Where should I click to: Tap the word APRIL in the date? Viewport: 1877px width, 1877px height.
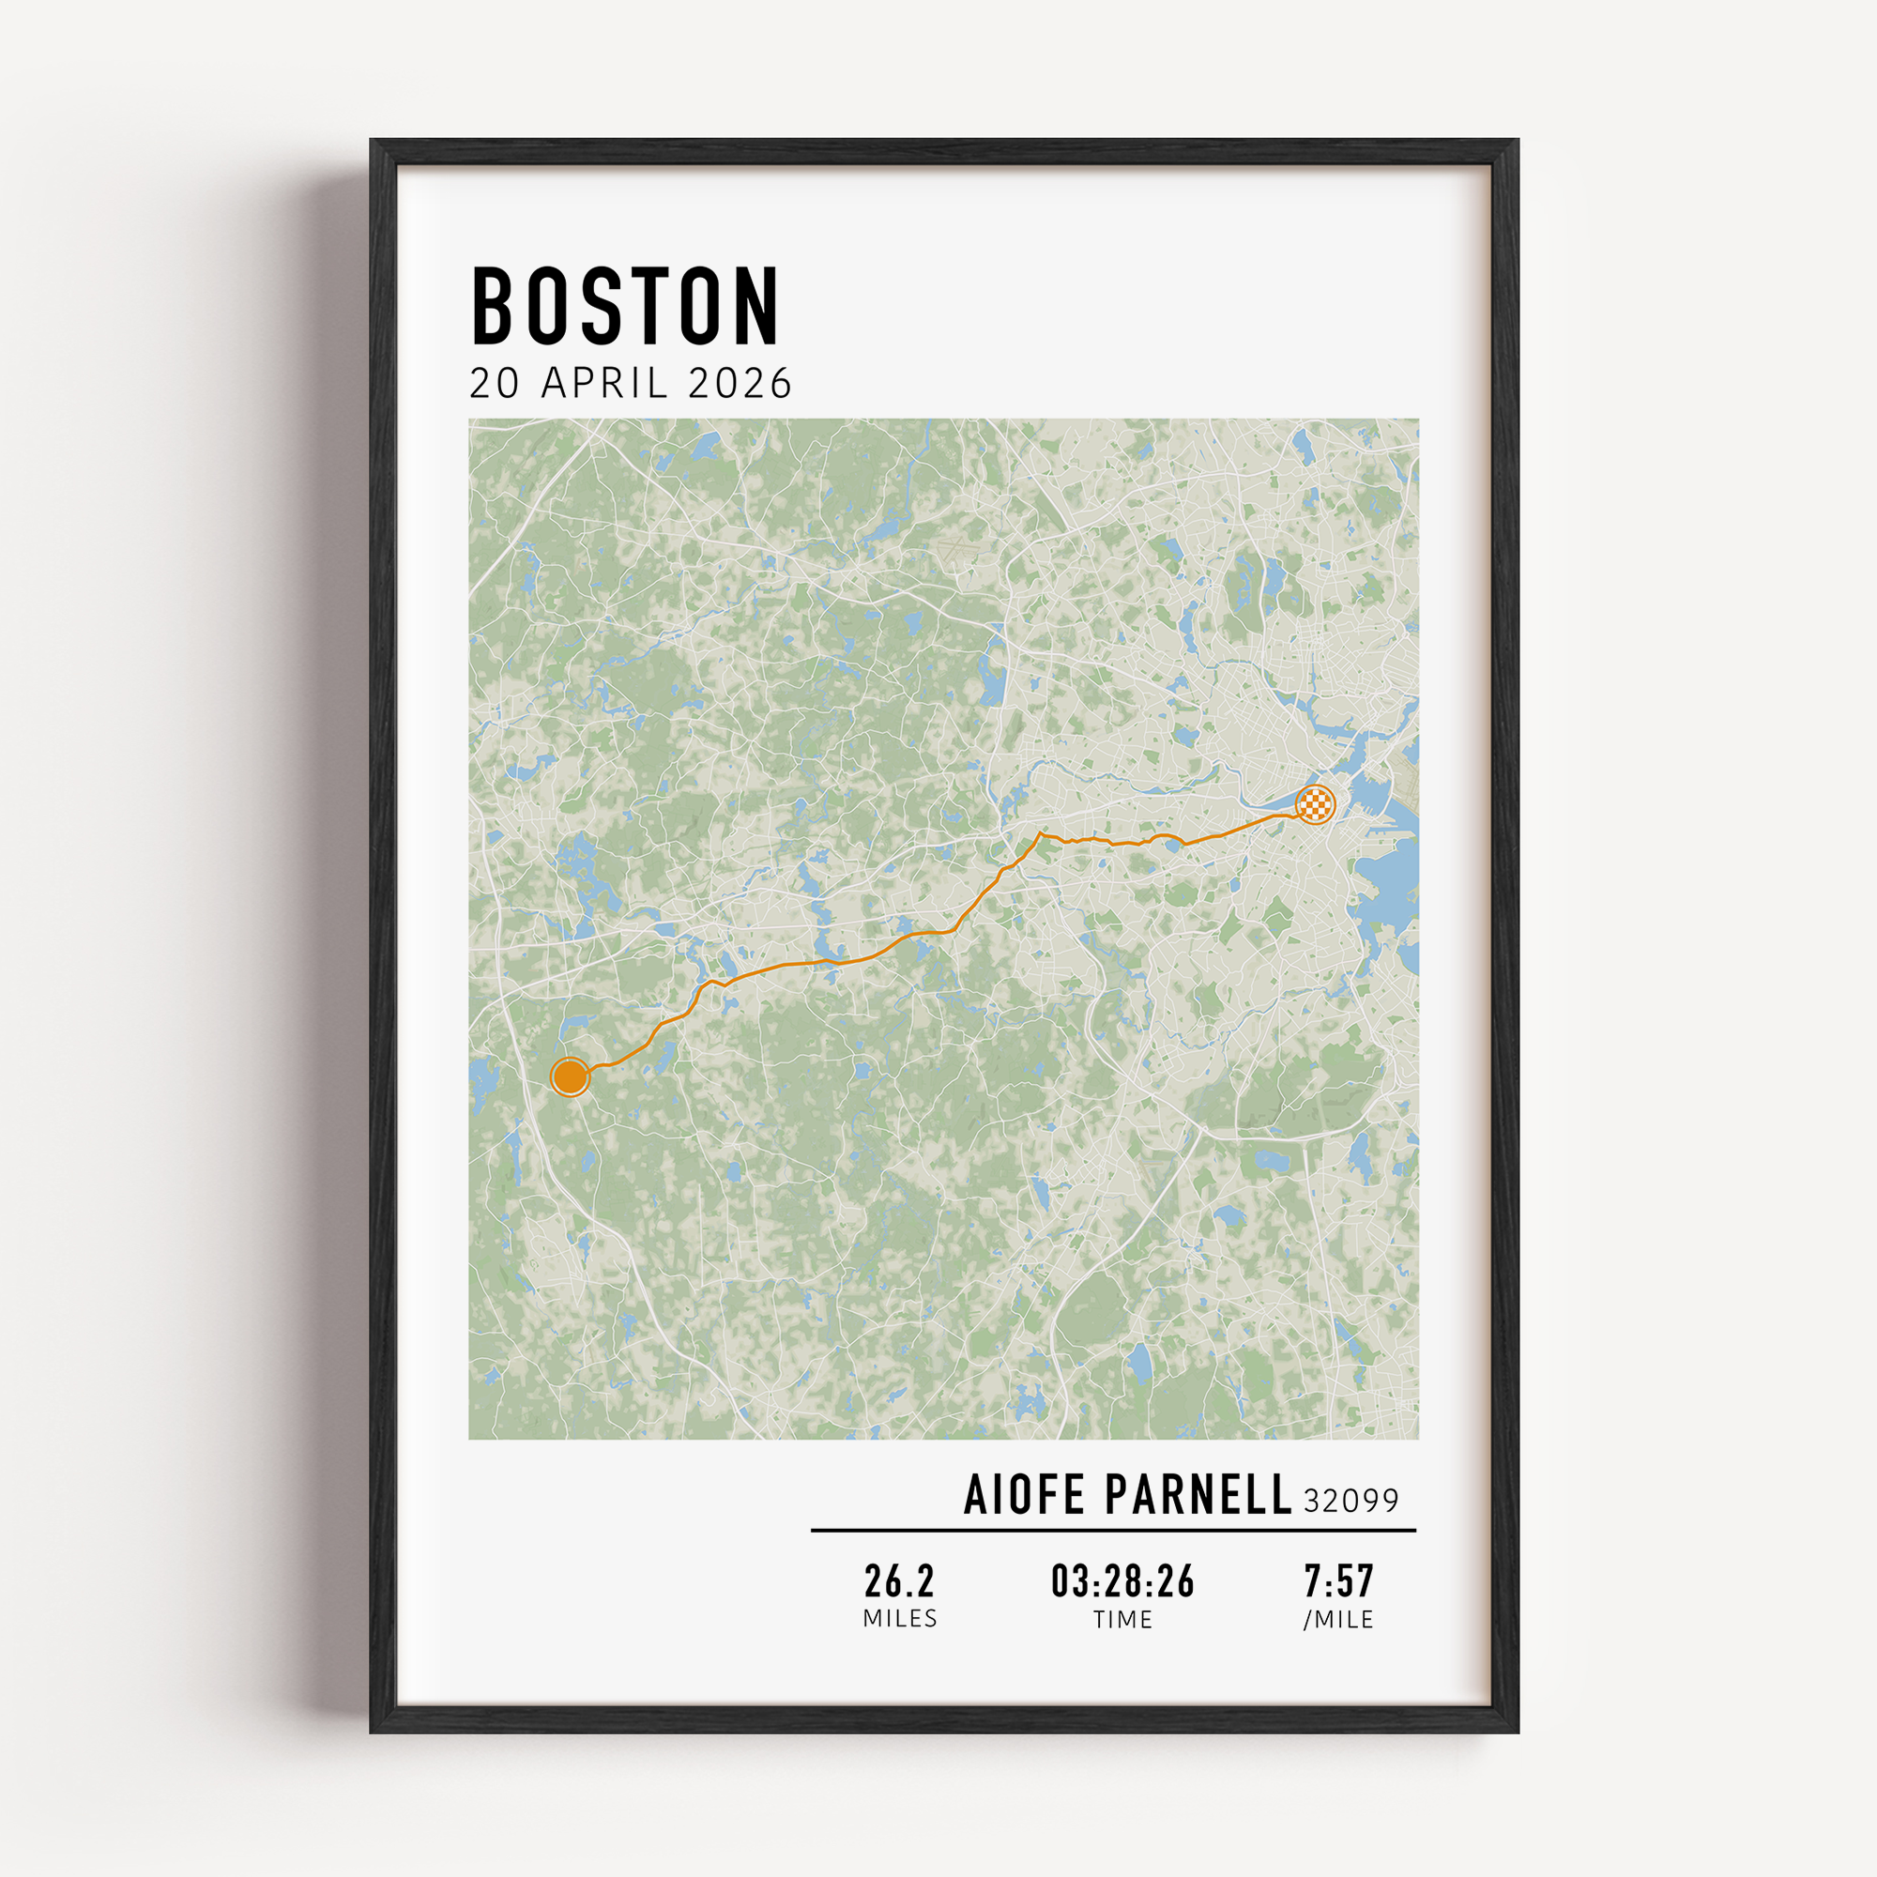click(x=604, y=384)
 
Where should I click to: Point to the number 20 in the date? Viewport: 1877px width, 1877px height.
click(x=495, y=384)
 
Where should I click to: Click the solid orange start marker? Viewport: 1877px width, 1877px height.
click(x=570, y=1076)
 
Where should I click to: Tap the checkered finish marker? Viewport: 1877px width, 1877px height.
click(x=1315, y=804)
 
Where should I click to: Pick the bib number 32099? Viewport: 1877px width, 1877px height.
click(x=1351, y=1501)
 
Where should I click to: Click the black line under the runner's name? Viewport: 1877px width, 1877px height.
click(x=1113, y=1530)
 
